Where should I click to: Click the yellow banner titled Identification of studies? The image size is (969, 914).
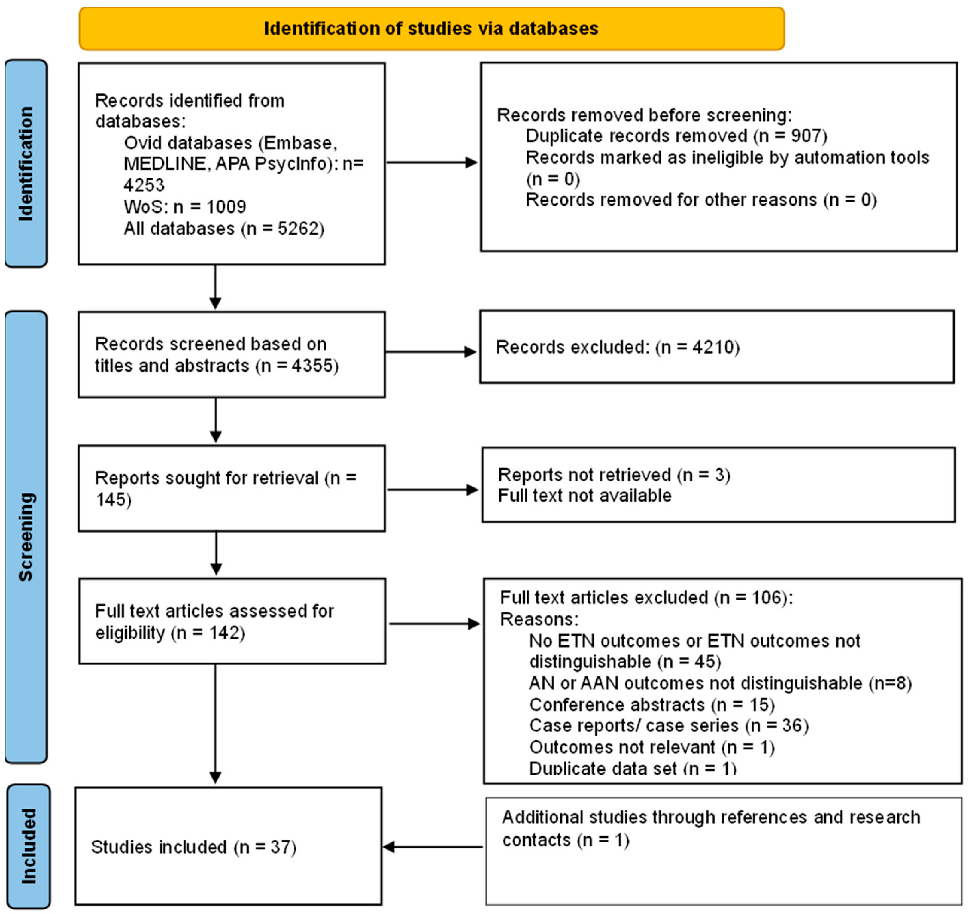pyautogui.click(x=431, y=29)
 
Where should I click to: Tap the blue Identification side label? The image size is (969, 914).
pyautogui.click(x=26, y=163)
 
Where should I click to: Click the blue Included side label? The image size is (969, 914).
pyautogui.click(x=28, y=846)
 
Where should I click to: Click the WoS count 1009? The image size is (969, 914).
pyautogui.click(x=226, y=207)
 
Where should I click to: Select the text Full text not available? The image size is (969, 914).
pyautogui.click(x=584, y=496)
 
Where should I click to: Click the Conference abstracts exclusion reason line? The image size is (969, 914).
pyautogui.click(x=652, y=704)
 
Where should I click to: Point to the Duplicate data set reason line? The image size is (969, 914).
pyautogui.click(x=632, y=769)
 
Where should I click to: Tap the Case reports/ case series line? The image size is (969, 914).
pyautogui.click(x=668, y=726)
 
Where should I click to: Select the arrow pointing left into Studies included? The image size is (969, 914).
pyautogui.click(x=431, y=847)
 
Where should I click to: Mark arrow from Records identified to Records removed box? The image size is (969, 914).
pyautogui.click(x=431, y=162)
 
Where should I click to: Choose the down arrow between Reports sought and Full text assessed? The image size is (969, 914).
pyautogui.click(x=216, y=553)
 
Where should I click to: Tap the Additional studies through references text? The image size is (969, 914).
pyautogui.click(x=711, y=817)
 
